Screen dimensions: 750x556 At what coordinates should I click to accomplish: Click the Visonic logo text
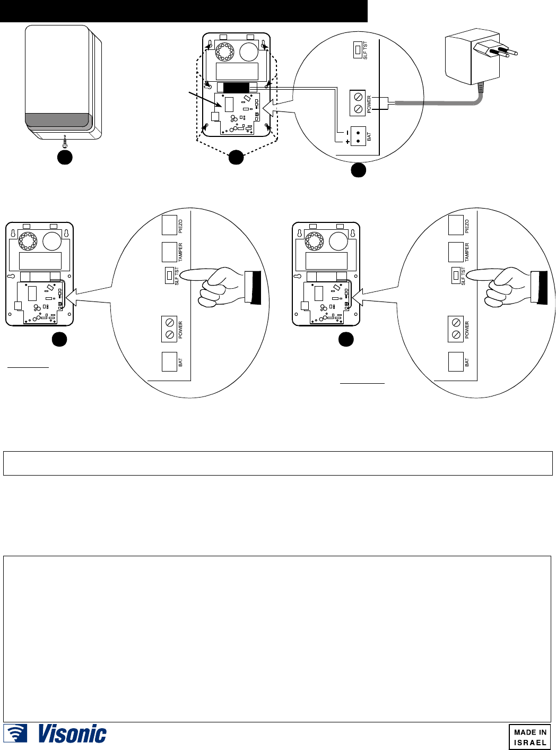click(72, 734)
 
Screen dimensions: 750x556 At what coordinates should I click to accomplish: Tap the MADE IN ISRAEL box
click(529, 737)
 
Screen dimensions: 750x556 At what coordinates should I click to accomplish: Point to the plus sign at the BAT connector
click(348, 142)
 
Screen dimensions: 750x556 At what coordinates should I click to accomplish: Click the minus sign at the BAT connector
click(348, 132)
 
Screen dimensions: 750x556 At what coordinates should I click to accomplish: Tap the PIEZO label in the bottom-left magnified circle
click(180, 227)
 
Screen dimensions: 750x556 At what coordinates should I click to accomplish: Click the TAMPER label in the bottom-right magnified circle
click(467, 252)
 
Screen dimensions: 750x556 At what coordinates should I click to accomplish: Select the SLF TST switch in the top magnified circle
click(358, 50)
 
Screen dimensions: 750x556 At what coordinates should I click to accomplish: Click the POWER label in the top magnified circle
click(369, 104)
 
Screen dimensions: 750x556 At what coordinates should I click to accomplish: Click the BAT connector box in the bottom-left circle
click(169, 361)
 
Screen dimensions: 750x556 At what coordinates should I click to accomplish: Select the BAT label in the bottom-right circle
click(467, 363)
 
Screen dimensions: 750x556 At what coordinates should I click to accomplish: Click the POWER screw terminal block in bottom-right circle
click(456, 329)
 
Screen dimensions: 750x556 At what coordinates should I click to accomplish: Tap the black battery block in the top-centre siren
click(236, 88)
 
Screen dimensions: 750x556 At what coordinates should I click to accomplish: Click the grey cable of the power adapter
click(435, 104)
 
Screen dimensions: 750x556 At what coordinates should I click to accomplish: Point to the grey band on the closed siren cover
click(57, 121)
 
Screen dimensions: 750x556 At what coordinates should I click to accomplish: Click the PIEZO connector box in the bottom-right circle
click(456, 225)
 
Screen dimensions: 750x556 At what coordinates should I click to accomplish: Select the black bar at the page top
click(184, 11)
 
